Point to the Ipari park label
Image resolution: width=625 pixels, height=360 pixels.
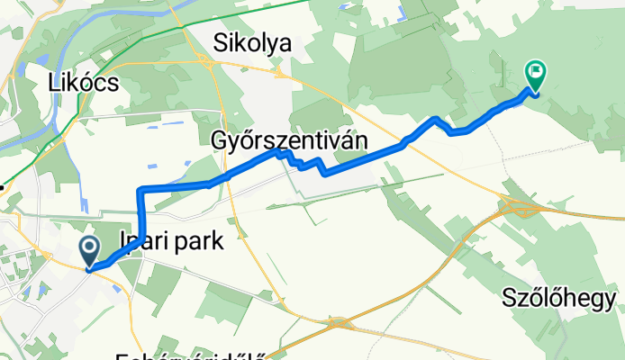click(170, 241)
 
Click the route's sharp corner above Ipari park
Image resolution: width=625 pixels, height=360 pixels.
click(140, 190)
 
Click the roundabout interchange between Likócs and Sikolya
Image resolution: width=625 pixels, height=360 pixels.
click(208, 63)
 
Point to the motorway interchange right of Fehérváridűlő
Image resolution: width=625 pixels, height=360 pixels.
click(340, 321)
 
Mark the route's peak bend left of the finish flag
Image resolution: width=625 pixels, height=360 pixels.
click(436, 118)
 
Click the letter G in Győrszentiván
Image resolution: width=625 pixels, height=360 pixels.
click(221, 139)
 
